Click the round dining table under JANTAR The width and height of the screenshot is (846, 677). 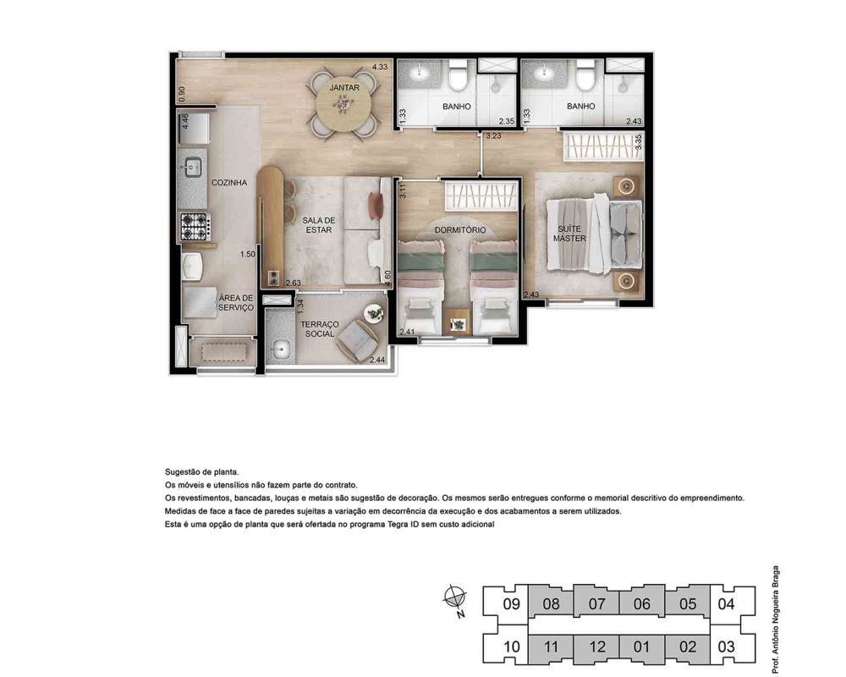pos(343,104)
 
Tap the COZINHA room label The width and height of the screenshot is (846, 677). pos(229,183)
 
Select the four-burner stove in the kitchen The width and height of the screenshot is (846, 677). pos(195,226)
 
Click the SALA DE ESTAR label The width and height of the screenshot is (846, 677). pos(319,225)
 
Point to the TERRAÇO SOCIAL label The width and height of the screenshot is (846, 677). pos(320,329)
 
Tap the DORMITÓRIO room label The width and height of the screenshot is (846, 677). pos(460,230)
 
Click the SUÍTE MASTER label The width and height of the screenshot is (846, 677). pos(569,234)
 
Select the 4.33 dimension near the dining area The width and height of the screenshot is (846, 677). pos(379,67)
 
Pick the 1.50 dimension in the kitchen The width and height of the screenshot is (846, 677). pos(248,254)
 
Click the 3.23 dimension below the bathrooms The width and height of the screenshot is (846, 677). pos(493,136)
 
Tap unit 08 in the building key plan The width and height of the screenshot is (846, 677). pos(551,603)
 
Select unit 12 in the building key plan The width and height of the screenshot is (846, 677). pos(596,647)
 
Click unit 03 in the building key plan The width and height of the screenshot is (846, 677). pos(726,647)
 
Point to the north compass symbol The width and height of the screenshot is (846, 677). pos(455,598)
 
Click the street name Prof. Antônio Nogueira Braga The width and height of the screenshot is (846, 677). pos(775,619)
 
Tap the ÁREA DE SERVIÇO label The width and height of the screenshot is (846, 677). pos(236,302)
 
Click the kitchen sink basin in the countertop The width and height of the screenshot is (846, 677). pos(193,168)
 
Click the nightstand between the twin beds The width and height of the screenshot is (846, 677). pos(458,322)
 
